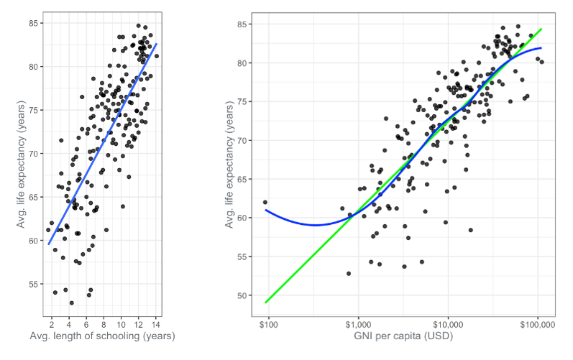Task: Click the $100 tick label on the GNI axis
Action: (269, 325)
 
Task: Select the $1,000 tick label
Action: (358, 325)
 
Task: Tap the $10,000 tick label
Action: (448, 325)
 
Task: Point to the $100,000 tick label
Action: (537, 325)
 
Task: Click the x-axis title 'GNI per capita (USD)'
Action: (403, 336)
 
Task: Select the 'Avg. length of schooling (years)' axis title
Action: (102, 336)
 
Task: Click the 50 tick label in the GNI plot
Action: (242, 295)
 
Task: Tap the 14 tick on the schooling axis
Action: (156, 325)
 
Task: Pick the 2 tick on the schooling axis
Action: (52, 325)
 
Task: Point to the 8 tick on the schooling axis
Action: (104, 325)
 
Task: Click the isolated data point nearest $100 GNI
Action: (265, 202)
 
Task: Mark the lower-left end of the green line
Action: (266, 303)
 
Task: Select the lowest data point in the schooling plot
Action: (72, 303)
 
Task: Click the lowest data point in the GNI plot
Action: (349, 274)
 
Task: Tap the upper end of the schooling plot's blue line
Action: (157, 43)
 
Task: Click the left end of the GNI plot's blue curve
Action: (266, 210)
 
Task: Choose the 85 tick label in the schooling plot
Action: (34, 24)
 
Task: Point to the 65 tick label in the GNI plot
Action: (242, 179)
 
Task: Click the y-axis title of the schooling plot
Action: (21, 165)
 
